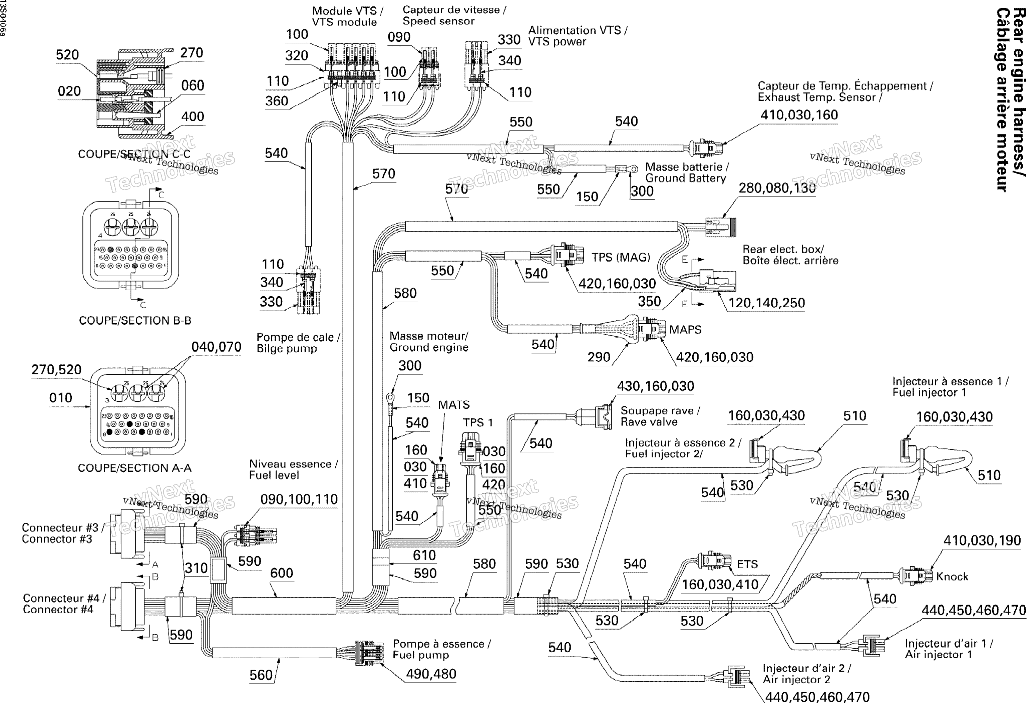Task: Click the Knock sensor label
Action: [952, 577]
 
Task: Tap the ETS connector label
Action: [747, 564]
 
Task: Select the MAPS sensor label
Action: [685, 330]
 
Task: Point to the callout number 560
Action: [261, 675]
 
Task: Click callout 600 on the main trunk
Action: [281, 573]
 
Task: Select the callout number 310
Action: [196, 568]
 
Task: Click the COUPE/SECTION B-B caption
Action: [135, 320]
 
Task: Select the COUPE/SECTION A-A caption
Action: [134, 468]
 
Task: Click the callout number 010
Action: [61, 398]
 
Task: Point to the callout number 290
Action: [599, 357]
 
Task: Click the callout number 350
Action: [649, 301]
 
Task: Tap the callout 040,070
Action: [216, 347]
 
